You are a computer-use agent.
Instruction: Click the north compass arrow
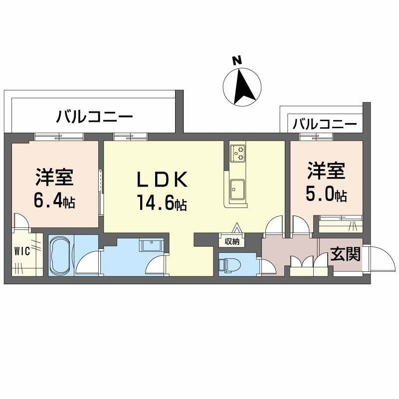click(x=243, y=85)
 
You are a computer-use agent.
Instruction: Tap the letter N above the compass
click(x=237, y=60)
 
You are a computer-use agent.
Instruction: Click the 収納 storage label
click(x=231, y=242)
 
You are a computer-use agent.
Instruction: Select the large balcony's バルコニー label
click(x=94, y=118)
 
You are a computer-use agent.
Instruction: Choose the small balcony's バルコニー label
click(x=325, y=124)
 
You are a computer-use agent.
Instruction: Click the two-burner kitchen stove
click(x=237, y=153)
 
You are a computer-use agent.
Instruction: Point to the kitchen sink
click(x=237, y=189)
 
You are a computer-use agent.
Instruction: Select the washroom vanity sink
click(x=150, y=246)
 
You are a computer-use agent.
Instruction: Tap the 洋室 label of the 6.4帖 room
click(x=55, y=177)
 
